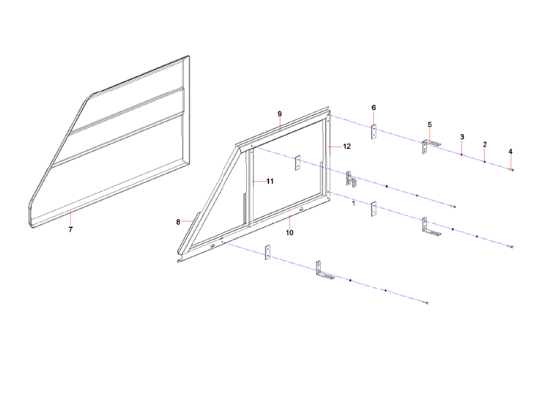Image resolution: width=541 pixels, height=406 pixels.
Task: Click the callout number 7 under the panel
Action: tap(70, 229)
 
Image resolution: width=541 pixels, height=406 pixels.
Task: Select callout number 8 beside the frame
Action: tap(179, 221)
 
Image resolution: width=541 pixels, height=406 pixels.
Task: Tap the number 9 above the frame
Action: tap(279, 113)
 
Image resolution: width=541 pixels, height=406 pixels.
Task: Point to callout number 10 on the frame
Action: tap(289, 232)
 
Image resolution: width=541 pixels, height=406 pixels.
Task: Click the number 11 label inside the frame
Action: tap(269, 181)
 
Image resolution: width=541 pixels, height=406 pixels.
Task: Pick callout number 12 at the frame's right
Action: tap(346, 146)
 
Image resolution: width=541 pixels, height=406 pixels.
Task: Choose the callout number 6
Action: tap(374, 108)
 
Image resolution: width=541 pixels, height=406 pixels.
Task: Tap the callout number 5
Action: tap(429, 125)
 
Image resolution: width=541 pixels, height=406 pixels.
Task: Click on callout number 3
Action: tap(462, 137)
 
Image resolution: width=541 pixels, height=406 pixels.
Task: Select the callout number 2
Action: tap(485, 144)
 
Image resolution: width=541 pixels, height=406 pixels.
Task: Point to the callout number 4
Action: tap(511, 151)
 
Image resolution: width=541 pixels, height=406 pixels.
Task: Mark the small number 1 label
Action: tap(354, 202)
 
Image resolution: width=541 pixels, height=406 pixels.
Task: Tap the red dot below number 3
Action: tap(461, 156)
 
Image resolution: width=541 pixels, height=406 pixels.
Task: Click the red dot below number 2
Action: tap(485, 162)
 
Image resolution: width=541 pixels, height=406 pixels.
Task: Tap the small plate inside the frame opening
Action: tap(296, 164)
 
